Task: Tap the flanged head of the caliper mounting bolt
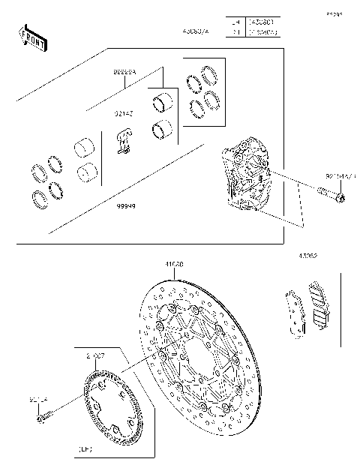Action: pyautogui.click(x=340, y=198)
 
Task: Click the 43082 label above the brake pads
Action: pyautogui.click(x=307, y=256)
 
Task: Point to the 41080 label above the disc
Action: pyautogui.click(x=175, y=264)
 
